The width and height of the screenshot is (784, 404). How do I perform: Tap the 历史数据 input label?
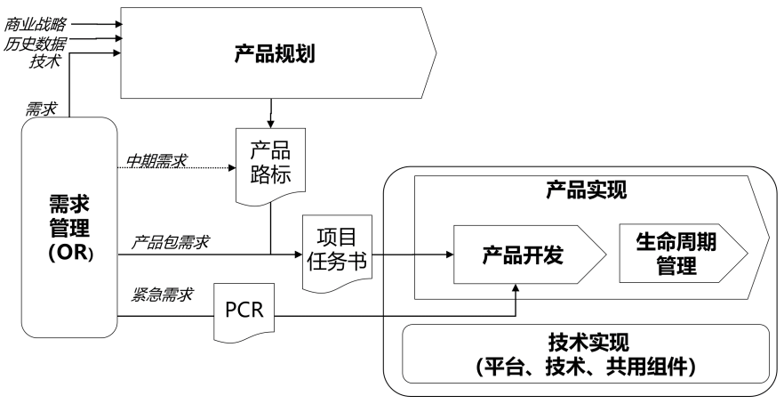pyautogui.click(x=35, y=42)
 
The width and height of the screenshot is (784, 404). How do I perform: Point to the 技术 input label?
pyautogui.click(x=45, y=61)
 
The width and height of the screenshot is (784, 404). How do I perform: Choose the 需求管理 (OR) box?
pyautogui.click(x=69, y=227)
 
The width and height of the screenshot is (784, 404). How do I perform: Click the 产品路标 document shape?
pyautogui.click(x=269, y=164)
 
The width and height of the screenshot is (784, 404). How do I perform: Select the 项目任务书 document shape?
pyautogui.click(x=336, y=253)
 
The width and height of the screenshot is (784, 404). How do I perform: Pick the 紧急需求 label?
pyautogui.click(x=164, y=295)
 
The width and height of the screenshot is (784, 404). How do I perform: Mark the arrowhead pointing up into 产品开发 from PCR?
pyautogui.click(x=516, y=287)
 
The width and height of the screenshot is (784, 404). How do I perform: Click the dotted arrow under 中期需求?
pyautogui.click(x=178, y=169)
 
